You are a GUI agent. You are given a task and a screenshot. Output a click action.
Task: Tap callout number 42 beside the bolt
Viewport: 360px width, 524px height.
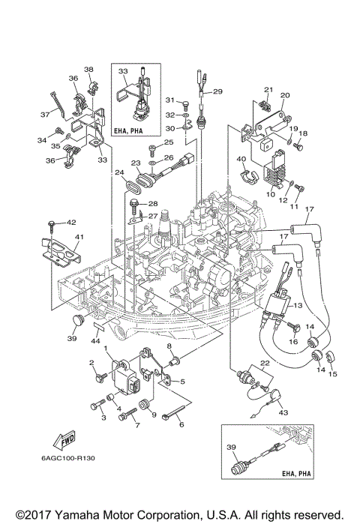72,223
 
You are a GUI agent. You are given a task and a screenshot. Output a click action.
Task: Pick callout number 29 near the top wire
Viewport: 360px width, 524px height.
218,92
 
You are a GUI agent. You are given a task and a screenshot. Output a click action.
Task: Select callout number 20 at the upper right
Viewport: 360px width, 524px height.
284,96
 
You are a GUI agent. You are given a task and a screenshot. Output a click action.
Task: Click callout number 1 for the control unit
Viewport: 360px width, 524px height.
106,350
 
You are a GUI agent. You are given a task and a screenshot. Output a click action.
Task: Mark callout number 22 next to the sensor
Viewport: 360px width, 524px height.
263,363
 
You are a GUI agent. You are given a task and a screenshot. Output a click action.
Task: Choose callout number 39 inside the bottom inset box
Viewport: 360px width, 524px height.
231,447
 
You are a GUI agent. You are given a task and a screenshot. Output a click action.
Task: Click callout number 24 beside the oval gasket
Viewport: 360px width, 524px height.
119,172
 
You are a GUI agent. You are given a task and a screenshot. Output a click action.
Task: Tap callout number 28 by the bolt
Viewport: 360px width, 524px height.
152,204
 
